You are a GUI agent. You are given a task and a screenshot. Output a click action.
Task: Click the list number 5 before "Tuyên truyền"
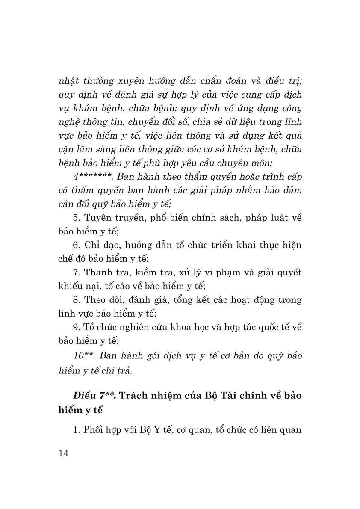76,218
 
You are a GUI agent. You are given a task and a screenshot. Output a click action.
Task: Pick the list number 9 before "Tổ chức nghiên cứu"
76,327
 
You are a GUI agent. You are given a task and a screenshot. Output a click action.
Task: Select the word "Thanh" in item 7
98,272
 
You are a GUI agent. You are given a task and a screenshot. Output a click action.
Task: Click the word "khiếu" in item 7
71,286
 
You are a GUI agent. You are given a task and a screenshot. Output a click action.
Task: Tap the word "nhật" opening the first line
69,80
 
